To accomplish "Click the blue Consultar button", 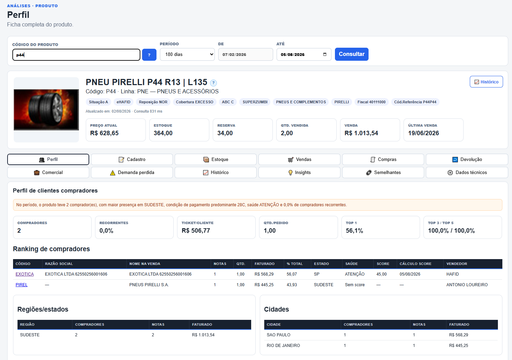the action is pyautogui.click(x=351, y=54).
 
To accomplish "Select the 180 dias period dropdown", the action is pyautogui.click(x=187, y=55).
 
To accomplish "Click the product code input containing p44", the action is pyautogui.click(x=76, y=55).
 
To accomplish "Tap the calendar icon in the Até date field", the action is pyautogui.click(x=325, y=55).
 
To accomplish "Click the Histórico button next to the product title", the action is pyautogui.click(x=486, y=82).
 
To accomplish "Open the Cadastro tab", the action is pyautogui.click(x=132, y=159).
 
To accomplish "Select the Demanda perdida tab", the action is pyautogui.click(x=132, y=172).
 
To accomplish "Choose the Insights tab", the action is pyautogui.click(x=299, y=172).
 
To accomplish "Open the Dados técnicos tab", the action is pyautogui.click(x=467, y=172).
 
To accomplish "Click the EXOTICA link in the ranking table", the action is pyautogui.click(x=24, y=274).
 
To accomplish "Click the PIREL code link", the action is pyautogui.click(x=22, y=285).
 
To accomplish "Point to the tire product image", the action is pyautogui.click(x=46, y=110).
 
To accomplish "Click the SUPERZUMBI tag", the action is pyautogui.click(x=255, y=102).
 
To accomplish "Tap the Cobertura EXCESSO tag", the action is pyautogui.click(x=195, y=102).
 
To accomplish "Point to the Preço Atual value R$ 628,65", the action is pyautogui.click(x=104, y=133).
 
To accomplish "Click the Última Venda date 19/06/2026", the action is pyautogui.click(x=423, y=133).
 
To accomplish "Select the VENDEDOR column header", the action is pyautogui.click(x=457, y=264).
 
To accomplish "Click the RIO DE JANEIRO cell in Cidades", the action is pyautogui.click(x=283, y=346).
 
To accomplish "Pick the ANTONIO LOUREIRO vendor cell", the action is pyautogui.click(x=467, y=285).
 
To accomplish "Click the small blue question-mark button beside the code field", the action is pyautogui.click(x=149, y=55).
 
